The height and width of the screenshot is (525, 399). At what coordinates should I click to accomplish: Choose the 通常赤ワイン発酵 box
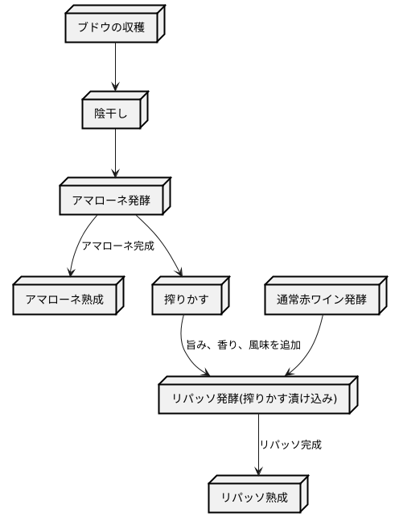[322, 300]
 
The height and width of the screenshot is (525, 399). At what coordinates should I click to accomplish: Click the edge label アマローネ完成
[117, 245]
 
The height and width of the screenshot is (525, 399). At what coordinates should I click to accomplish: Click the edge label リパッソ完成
[290, 444]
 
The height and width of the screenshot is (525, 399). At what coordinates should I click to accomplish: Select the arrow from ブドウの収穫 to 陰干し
[116, 68]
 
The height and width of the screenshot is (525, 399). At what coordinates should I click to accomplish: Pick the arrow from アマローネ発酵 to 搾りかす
[164, 246]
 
